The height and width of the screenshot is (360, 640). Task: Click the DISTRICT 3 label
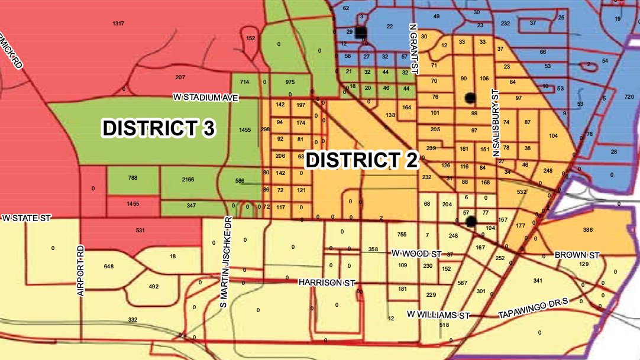coord(158,128)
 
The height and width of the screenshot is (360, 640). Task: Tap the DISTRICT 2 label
coord(363,160)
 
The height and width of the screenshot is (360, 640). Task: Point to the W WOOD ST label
coord(416,253)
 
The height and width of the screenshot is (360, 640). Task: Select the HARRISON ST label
coord(321,283)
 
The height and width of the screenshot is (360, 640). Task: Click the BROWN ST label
coord(577,255)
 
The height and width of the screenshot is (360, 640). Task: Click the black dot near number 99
coord(470,97)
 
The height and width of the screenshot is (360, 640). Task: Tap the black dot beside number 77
coord(471,222)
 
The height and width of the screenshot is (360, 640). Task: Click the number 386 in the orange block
coord(588,229)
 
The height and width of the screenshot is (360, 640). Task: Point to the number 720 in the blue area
coord(628,96)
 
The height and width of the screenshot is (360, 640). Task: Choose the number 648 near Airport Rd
coord(108,266)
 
